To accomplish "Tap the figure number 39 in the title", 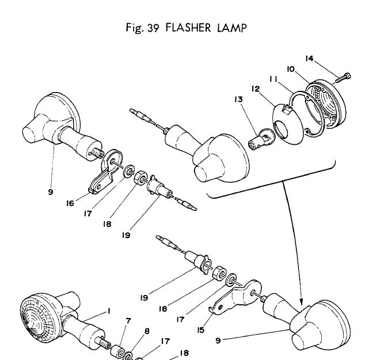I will click(x=151, y=28).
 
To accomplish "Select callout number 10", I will click(x=292, y=69).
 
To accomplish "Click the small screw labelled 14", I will click(x=345, y=76).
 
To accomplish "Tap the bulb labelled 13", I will click(x=257, y=140).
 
